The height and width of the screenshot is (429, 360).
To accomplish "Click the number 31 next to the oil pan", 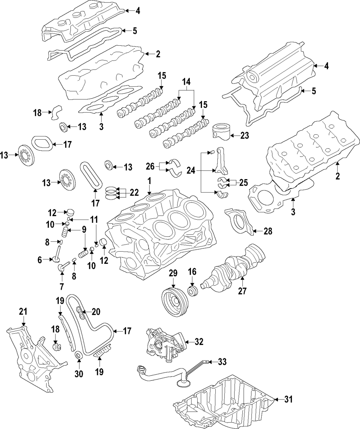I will [288, 399].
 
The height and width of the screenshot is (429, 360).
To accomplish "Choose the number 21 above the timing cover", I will [23, 312].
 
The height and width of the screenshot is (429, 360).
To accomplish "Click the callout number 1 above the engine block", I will [149, 180].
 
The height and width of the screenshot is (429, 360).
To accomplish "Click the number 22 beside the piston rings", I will [134, 193].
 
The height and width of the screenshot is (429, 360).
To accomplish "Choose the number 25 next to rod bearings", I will [243, 182].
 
